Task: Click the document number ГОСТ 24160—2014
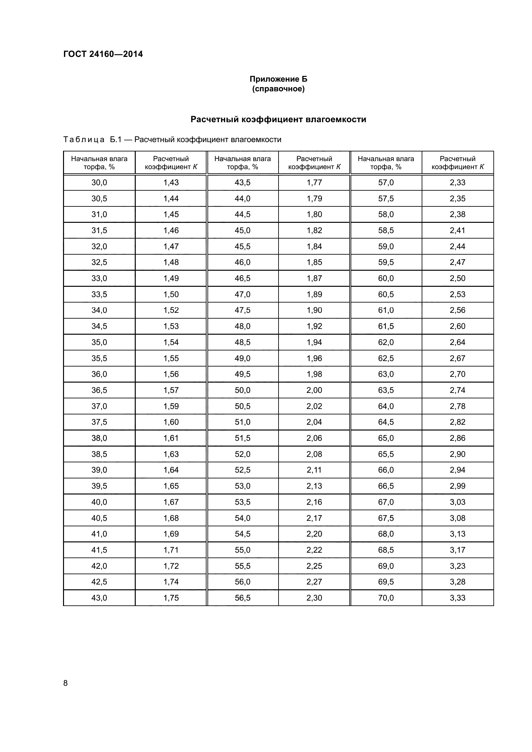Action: (x=103, y=54)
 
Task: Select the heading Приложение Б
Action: (x=278, y=79)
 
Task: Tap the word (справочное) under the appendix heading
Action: (x=278, y=89)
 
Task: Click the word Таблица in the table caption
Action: (x=84, y=140)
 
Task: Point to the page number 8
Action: (x=66, y=683)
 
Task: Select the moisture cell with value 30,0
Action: (x=99, y=182)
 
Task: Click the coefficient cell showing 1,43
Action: (x=171, y=182)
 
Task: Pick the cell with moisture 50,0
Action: (x=243, y=390)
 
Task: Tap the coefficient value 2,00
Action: (x=314, y=390)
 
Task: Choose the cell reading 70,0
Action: (x=386, y=598)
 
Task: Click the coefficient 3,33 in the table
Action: (x=457, y=598)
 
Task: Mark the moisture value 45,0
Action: (x=243, y=230)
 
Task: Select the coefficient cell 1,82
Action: (x=314, y=230)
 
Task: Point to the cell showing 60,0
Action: (x=386, y=278)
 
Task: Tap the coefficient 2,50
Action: (x=457, y=278)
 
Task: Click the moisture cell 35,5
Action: (x=99, y=358)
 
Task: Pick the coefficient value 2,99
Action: (x=457, y=486)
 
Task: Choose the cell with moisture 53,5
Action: (x=243, y=502)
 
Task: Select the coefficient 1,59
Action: (x=171, y=406)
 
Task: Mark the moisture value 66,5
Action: (x=386, y=486)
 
